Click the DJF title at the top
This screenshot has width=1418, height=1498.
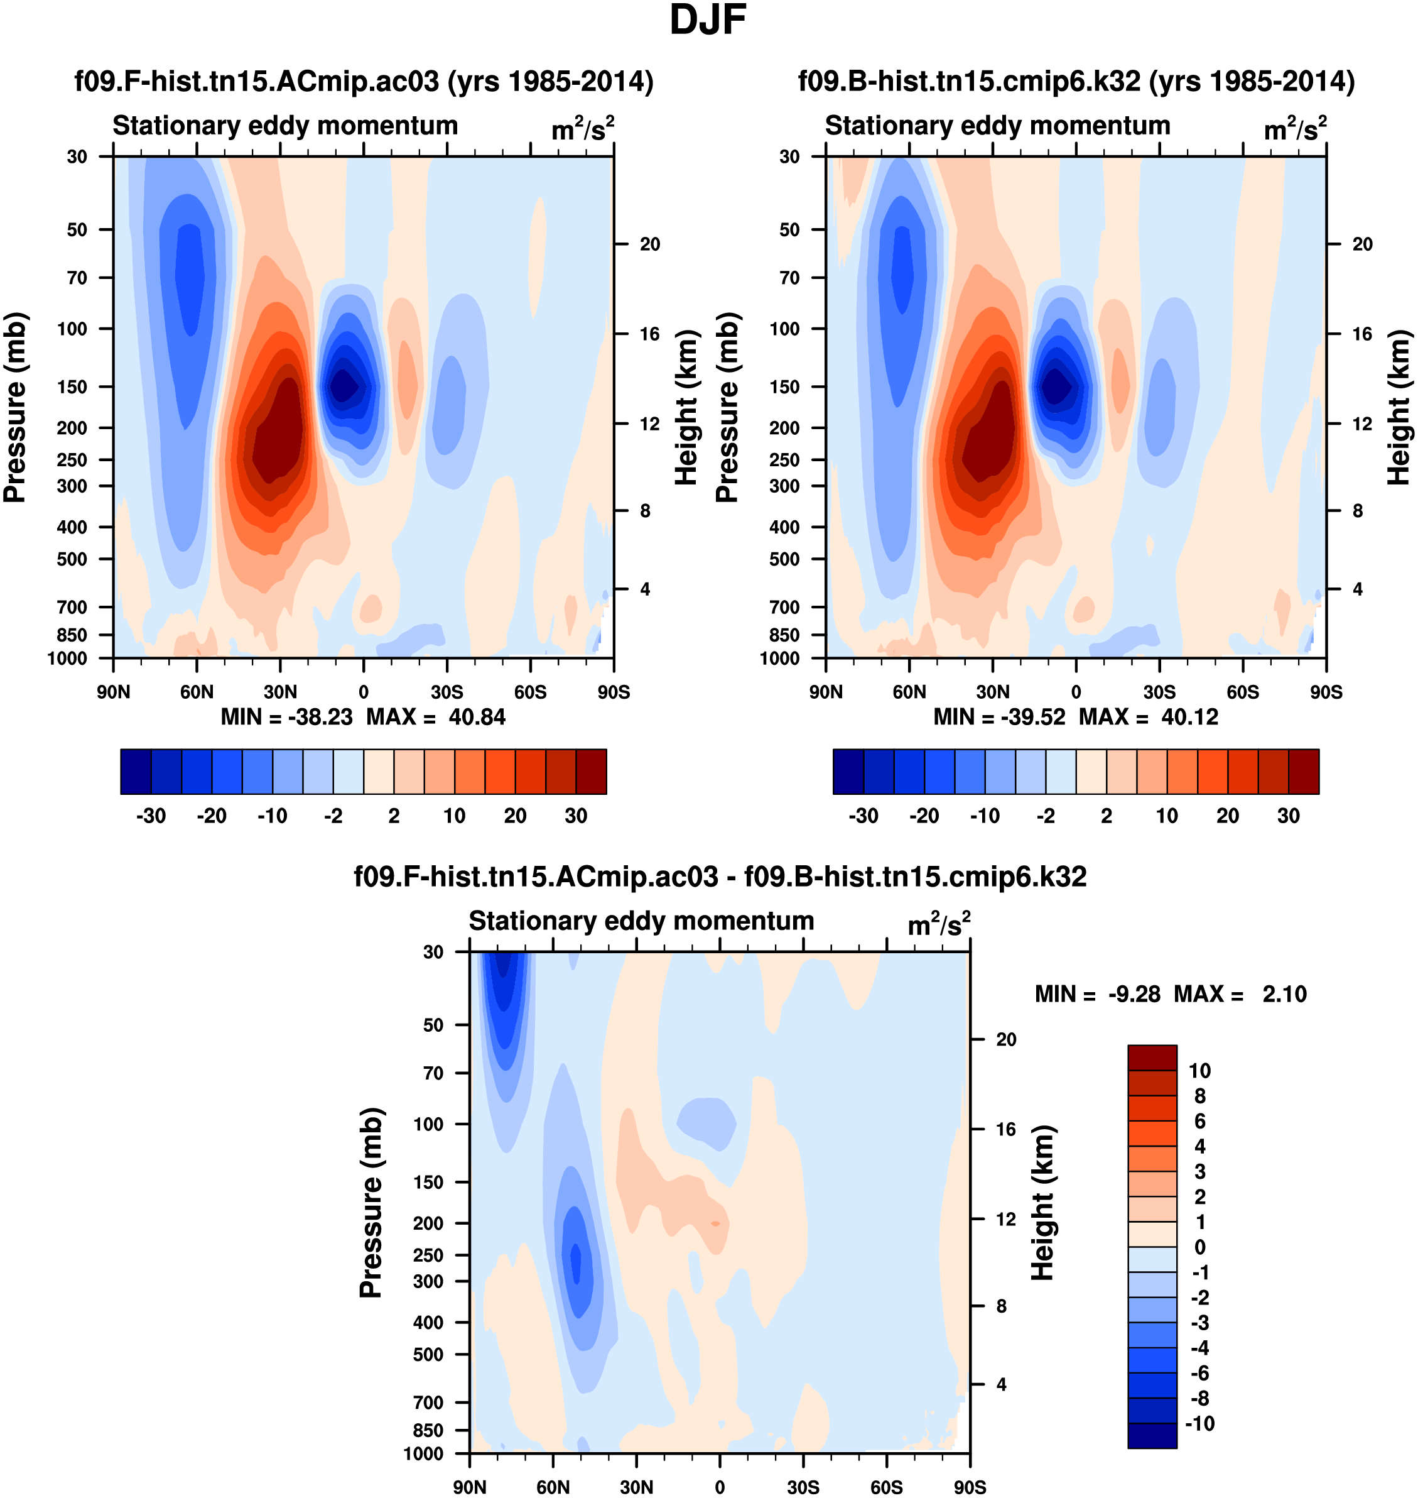coord(708,20)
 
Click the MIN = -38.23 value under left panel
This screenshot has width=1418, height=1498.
coord(286,717)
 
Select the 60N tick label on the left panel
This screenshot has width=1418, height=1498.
coord(197,692)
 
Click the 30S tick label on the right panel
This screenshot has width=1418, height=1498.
coord(1159,692)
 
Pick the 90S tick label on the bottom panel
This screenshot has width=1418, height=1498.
coord(969,1487)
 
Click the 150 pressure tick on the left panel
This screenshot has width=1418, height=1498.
coord(73,386)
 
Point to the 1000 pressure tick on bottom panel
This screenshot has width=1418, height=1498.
coord(423,1453)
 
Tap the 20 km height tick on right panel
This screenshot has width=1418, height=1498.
coord(1362,244)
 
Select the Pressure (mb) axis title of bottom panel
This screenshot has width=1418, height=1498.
coord(371,1202)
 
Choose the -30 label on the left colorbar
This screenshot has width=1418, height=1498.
coord(151,816)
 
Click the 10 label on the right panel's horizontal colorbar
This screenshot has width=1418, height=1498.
coord(1167,816)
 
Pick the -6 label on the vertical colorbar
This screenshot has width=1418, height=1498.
coord(1199,1373)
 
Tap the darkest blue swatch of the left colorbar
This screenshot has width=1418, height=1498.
coord(136,772)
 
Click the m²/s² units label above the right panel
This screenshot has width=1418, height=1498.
coord(1295,129)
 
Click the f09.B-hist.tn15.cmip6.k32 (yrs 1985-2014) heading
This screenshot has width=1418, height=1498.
coord(1076,81)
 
